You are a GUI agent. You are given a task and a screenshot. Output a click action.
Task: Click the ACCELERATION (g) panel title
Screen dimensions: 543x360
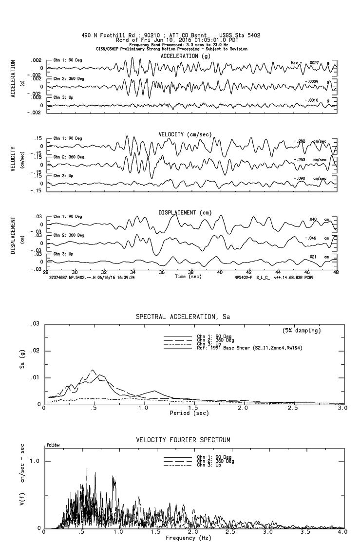tap(186, 56)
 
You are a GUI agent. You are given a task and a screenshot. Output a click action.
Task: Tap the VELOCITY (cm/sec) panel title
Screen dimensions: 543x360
tap(186, 134)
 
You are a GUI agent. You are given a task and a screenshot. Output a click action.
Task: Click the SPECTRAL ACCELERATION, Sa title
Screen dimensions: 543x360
tap(182, 317)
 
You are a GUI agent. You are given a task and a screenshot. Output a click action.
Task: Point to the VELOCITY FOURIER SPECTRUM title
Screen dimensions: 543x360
tap(183, 440)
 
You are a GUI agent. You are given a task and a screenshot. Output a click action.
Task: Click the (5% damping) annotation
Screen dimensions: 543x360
tap(302, 331)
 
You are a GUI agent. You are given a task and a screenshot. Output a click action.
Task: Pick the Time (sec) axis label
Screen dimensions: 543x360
tap(188, 276)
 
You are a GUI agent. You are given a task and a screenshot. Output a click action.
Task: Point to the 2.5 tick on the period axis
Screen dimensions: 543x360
tap(293, 408)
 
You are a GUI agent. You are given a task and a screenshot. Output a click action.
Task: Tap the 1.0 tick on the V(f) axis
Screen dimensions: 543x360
tap(34, 461)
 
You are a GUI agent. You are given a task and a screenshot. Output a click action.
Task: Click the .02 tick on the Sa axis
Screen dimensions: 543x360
tap(35, 351)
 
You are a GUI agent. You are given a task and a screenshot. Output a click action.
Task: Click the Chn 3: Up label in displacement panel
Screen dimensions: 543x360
tap(63, 254)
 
